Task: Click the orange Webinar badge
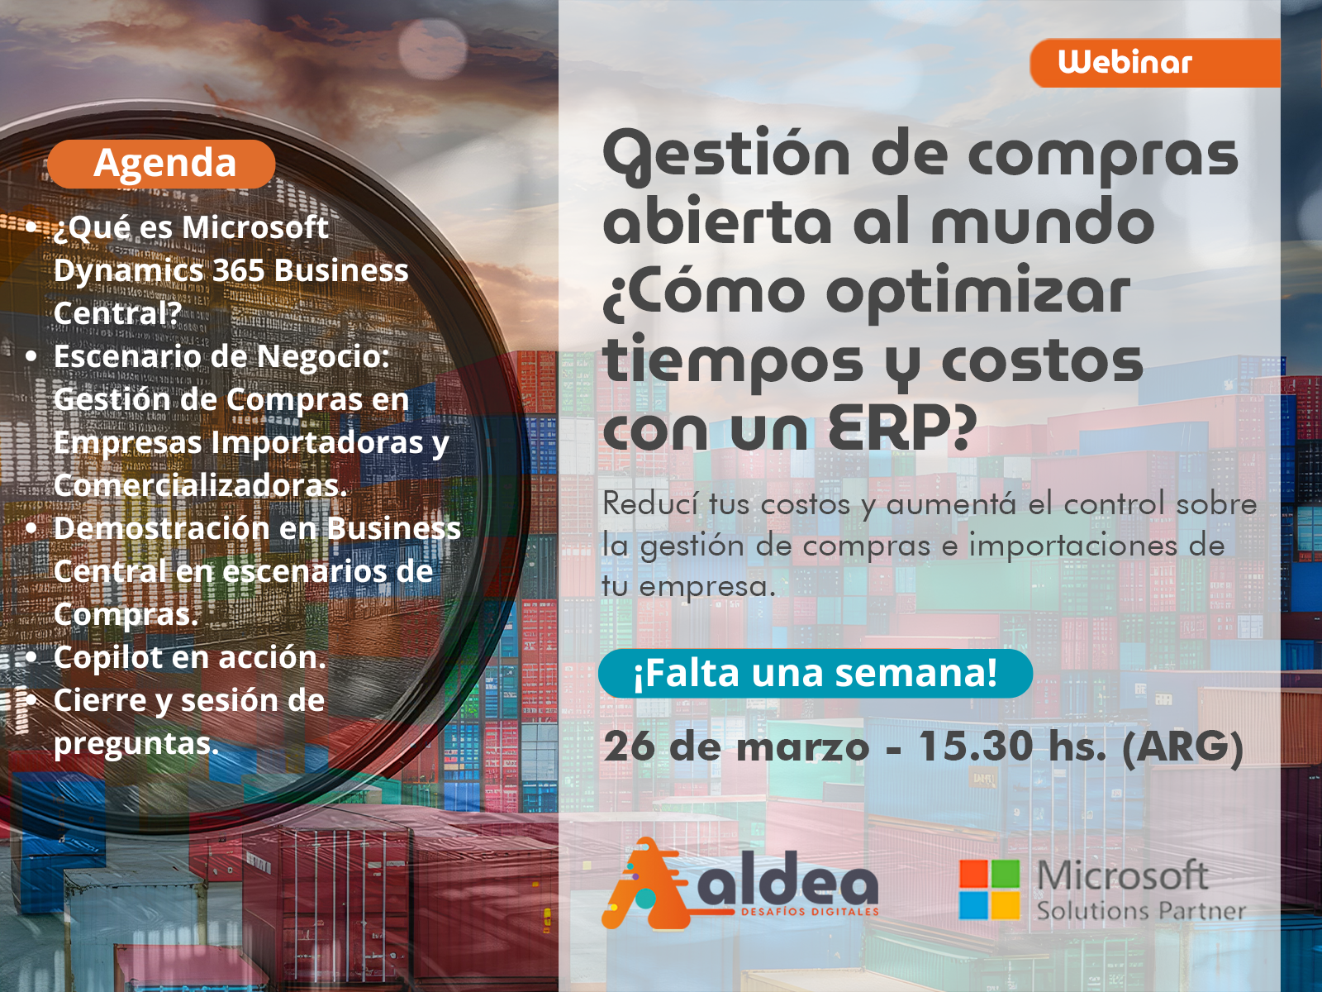tap(1154, 64)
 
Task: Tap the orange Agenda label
tap(161, 163)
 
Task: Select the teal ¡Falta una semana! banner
tap(815, 674)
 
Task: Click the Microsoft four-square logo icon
tap(990, 889)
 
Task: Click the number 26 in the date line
tap(630, 746)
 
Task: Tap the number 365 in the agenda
tap(239, 270)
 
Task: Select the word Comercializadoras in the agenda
tap(201, 485)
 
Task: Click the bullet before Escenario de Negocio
tap(32, 356)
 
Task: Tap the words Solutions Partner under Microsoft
tap(1141, 911)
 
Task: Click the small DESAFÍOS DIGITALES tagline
tap(810, 912)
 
